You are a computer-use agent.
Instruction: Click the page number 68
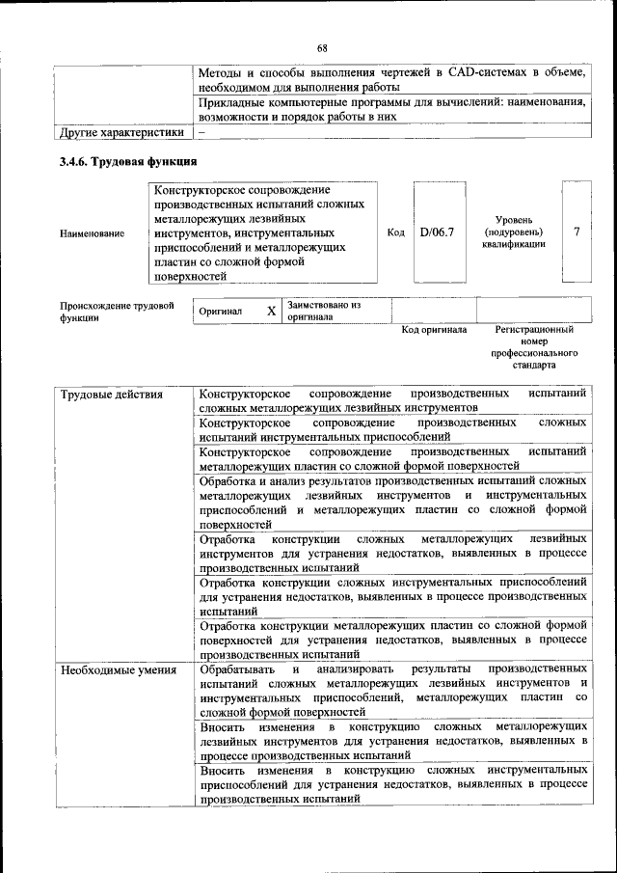(x=322, y=48)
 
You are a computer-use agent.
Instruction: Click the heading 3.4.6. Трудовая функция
(x=128, y=161)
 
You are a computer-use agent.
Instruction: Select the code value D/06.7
(x=437, y=232)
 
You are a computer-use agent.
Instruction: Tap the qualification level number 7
(x=576, y=232)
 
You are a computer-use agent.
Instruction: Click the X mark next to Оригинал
(x=271, y=312)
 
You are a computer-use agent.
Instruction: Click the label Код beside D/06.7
(x=395, y=232)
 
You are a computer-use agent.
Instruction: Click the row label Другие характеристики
(x=121, y=132)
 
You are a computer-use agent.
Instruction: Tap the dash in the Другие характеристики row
(x=202, y=132)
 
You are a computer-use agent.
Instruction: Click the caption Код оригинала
(x=434, y=330)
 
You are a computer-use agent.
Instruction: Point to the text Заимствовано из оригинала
(x=324, y=311)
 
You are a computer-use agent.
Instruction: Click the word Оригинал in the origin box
(x=221, y=313)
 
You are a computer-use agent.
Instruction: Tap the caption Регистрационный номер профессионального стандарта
(x=533, y=347)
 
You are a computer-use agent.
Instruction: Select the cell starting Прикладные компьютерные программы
(x=392, y=108)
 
